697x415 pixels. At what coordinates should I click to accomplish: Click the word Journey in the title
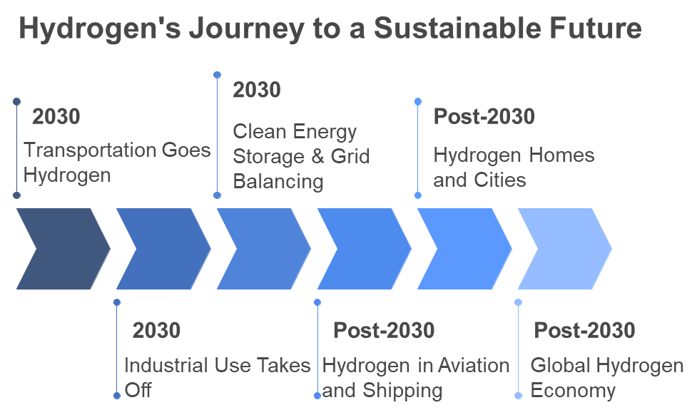click(x=247, y=29)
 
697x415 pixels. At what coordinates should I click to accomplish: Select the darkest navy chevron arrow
click(x=63, y=249)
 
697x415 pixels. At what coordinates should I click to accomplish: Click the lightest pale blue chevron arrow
click(x=565, y=249)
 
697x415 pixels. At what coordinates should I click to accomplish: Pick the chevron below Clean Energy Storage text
click(x=264, y=249)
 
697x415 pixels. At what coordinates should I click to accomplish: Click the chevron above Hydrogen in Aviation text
click(x=365, y=249)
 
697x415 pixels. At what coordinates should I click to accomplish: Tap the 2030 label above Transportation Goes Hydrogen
click(x=56, y=117)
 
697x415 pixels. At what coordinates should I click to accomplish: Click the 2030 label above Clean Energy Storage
click(x=257, y=90)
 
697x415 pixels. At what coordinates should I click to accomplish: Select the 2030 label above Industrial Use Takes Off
click(x=156, y=331)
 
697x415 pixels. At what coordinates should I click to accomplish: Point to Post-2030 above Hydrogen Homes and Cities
click(x=484, y=117)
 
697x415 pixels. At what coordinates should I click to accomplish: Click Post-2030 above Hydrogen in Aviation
click(x=384, y=331)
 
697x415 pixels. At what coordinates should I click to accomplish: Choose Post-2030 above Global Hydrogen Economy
click(x=584, y=331)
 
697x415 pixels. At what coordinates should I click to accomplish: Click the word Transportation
click(x=90, y=150)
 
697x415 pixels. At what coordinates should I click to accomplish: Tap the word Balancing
click(x=278, y=182)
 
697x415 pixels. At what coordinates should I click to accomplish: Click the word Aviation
click(x=474, y=366)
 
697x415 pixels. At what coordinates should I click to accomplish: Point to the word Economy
click(x=573, y=391)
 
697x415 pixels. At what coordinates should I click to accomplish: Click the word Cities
click(x=500, y=180)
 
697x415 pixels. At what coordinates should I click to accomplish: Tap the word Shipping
click(x=403, y=391)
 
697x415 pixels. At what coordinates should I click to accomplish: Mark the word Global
click(x=561, y=366)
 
